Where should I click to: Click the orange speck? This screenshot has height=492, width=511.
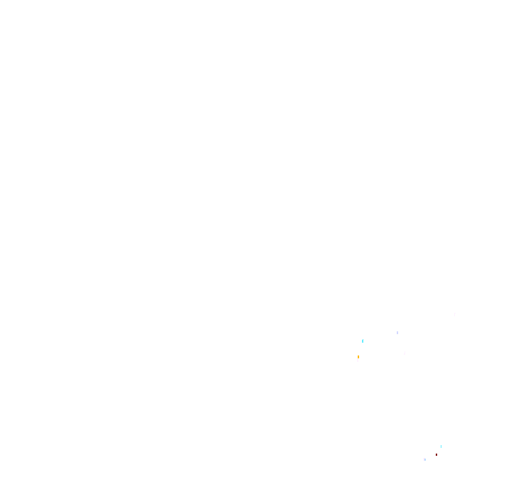tap(358, 357)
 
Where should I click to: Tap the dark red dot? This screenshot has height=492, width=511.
tap(436, 454)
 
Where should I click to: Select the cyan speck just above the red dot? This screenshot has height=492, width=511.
tap(441, 446)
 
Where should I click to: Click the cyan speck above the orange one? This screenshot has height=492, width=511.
tap(363, 341)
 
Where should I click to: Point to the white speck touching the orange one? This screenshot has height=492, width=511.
tap(358, 360)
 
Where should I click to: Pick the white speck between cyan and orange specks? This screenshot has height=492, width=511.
tap(360, 351)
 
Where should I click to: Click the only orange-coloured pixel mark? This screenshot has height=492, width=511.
tap(358, 357)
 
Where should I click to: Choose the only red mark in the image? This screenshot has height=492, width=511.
tap(436, 454)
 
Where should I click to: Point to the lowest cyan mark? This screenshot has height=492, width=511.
tap(441, 446)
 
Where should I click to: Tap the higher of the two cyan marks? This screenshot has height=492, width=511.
tap(363, 341)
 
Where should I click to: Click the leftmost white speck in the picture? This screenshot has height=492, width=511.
tap(358, 360)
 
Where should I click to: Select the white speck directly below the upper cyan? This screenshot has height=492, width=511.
tap(360, 351)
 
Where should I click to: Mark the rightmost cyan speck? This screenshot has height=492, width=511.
tap(441, 446)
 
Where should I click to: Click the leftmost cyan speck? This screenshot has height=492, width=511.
tap(363, 341)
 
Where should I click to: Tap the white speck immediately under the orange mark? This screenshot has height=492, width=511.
tap(358, 360)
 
